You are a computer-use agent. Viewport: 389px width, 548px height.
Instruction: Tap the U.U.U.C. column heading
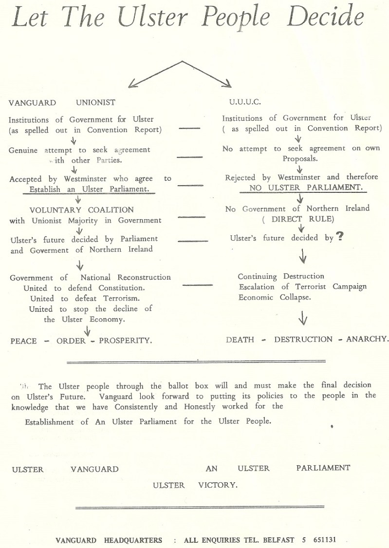pos(245,102)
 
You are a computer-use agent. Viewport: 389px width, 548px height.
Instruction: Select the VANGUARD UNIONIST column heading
pos(62,102)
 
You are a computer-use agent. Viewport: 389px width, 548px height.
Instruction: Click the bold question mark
pos(340,237)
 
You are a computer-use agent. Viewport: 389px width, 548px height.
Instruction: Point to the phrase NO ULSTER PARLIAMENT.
pos(300,187)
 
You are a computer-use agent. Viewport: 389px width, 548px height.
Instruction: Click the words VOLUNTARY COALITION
pos(81,210)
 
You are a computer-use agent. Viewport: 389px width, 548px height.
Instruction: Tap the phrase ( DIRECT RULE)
pos(298,219)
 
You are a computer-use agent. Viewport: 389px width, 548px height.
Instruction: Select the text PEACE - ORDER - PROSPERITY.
pos(81,340)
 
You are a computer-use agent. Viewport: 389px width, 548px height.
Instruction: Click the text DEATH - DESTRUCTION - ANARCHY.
pos(307,339)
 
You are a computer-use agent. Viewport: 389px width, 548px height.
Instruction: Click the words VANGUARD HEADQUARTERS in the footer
pos(109,540)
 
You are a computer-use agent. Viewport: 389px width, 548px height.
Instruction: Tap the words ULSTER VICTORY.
pos(195,485)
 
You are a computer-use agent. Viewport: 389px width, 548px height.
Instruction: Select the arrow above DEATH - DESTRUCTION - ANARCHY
pos(303,319)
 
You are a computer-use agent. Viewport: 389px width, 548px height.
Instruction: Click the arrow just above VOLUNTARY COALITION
pos(77,200)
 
